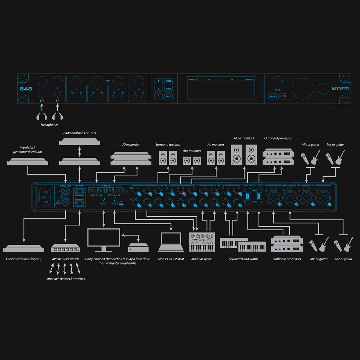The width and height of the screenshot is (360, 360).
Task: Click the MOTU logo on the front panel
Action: pyautogui.click(x=340, y=89)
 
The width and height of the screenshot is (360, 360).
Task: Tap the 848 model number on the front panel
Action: pyautogui.click(x=26, y=89)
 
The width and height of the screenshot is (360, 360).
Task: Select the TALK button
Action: pyautogui.click(x=168, y=96)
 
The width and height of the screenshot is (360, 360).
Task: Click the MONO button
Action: pyautogui.click(x=168, y=89)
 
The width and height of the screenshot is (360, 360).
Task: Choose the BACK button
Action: pyautogui.click(x=272, y=96)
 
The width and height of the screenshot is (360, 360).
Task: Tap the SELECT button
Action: pyautogui.click(x=283, y=96)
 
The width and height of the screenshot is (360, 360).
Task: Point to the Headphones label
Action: pyautogui.click(x=49, y=125)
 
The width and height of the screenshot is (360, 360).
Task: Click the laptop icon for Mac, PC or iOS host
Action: pyautogui.click(x=171, y=242)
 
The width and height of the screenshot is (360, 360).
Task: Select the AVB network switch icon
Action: pyautogui.click(x=65, y=248)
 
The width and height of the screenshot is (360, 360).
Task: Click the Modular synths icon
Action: pyautogui.click(x=202, y=242)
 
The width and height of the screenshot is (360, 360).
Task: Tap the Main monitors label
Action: pyautogui.click(x=244, y=138)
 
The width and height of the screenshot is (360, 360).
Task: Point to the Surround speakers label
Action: pyautogui.click(x=168, y=145)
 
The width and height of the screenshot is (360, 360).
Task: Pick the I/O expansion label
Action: pyautogui.click(x=131, y=145)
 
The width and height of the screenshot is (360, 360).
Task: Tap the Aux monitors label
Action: pyautogui.click(x=192, y=151)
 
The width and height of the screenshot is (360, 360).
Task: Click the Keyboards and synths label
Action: pyautogui.click(x=243, y=259)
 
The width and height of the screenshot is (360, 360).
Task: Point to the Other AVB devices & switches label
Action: pyautogui.click(x=65, y=279)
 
